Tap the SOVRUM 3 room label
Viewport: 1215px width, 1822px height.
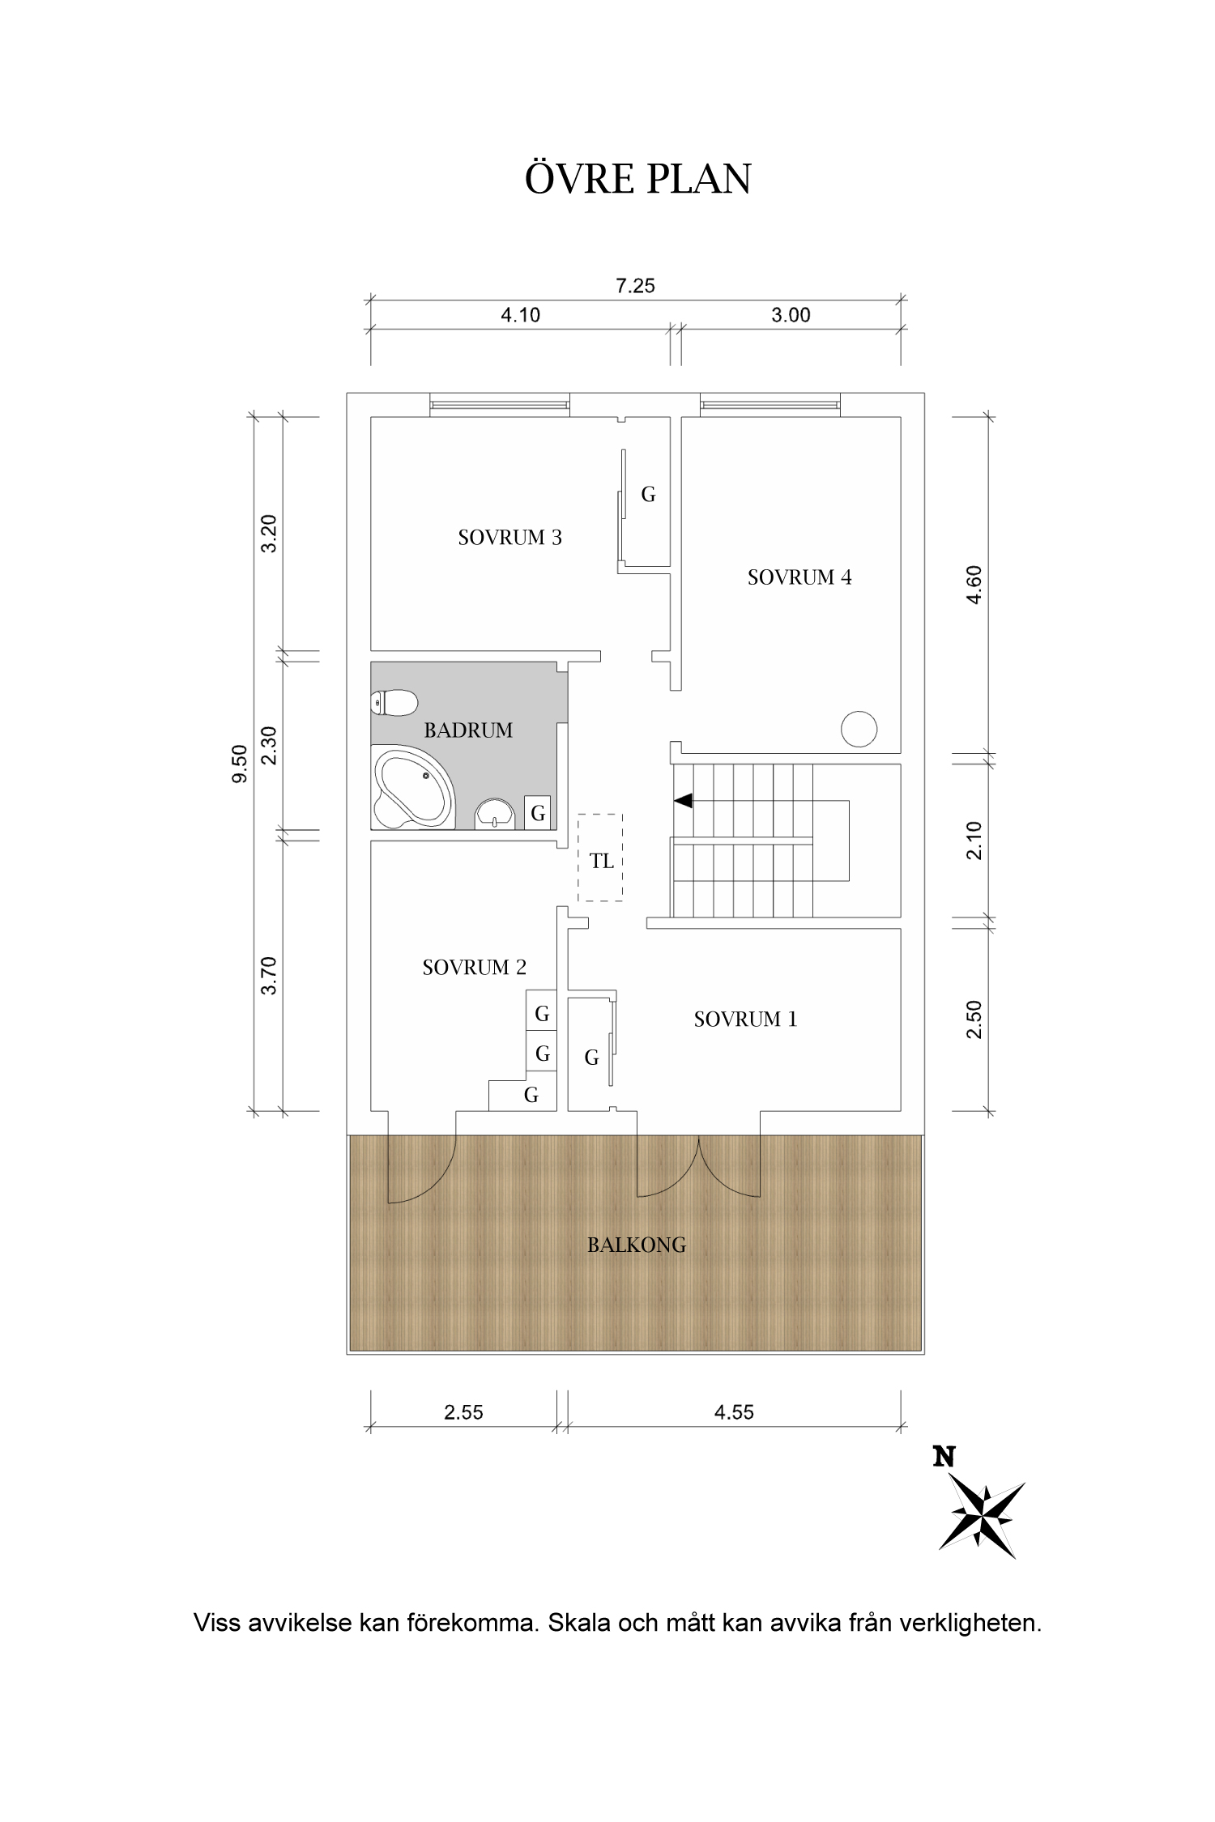point(509,538)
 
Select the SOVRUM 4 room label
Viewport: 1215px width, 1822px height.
point(799,577)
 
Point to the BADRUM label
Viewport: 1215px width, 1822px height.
point(468,730)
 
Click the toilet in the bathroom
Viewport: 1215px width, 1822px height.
point(394,702)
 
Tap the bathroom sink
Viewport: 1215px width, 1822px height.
point(494,813)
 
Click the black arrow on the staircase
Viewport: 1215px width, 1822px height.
point(684,801)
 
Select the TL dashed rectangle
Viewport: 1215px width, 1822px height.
point(600,858)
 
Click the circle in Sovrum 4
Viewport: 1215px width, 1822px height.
point(859,729)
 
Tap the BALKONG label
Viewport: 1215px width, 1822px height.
point(637,1245)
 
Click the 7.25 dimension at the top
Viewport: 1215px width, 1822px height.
point(636,286)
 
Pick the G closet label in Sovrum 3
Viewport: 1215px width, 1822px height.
point(648,494)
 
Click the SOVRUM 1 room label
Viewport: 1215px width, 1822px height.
point(745,1020)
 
